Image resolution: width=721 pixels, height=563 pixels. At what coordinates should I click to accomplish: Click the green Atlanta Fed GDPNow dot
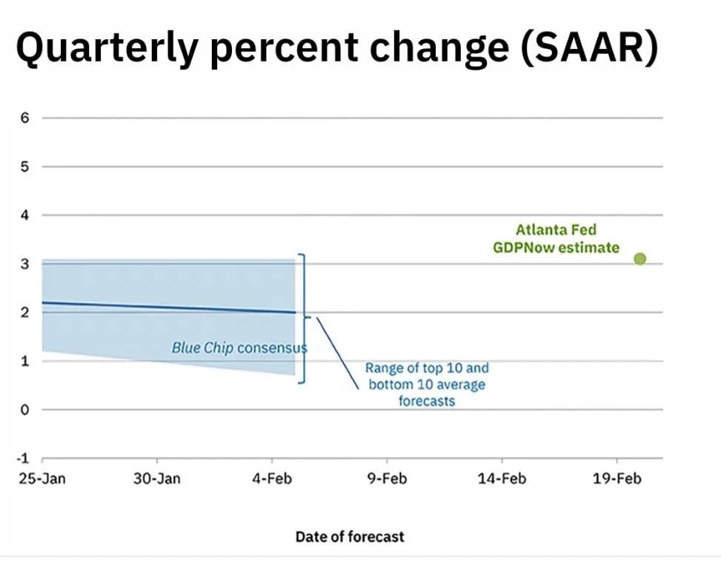click(639, 259)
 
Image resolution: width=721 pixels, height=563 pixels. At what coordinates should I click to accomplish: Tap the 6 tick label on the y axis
click(24, 118)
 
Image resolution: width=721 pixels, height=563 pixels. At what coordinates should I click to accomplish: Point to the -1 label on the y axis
click(22, 459)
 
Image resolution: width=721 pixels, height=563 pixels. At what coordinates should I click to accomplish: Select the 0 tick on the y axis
click(24, 410)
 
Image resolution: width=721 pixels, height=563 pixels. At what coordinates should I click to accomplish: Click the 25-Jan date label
click(42, 479)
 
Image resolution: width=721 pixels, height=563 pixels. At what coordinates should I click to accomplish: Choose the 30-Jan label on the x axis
click(157, 479)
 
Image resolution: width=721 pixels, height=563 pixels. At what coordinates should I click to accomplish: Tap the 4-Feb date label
click(272, 479)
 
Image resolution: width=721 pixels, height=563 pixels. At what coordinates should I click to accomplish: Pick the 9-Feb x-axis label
click(387, 479)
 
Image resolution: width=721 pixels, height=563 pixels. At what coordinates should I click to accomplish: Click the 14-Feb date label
click(502, 479)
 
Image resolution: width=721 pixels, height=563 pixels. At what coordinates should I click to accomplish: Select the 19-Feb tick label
click(617, 479)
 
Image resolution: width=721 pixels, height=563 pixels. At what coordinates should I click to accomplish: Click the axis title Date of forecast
click(350, 536)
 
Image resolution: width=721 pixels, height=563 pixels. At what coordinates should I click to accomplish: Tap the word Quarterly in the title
click(107, 49)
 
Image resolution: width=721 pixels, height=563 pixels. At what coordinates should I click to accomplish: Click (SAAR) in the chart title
click(590, 47)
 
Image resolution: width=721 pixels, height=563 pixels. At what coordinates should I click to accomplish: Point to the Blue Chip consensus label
click(239, 348)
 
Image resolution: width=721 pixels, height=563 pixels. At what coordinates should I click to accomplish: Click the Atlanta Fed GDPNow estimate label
click(556, 239)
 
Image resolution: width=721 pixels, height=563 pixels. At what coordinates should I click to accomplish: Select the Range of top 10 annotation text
click(427, 384)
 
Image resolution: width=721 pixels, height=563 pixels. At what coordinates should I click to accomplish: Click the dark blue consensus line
click(169, 307)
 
